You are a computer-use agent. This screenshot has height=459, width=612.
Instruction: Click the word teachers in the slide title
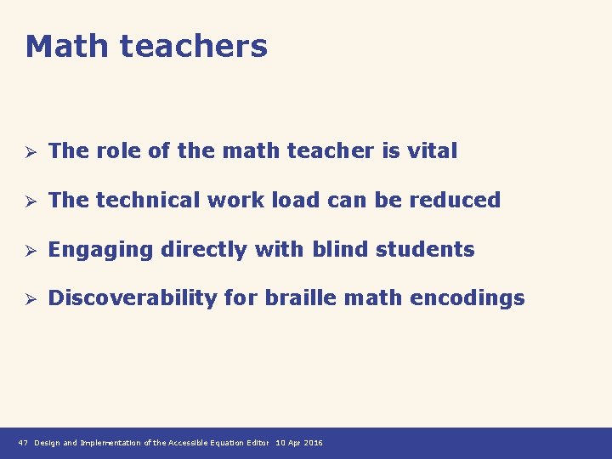[x=194, y=46]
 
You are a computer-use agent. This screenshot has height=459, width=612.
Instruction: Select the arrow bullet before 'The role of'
[x=28, y=152]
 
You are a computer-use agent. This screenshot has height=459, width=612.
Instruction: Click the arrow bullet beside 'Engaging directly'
[x=28, y=251]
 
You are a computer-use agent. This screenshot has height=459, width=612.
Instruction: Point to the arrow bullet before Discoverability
[x=28, y=300]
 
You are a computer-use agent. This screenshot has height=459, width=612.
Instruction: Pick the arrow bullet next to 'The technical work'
[x=28, y=201]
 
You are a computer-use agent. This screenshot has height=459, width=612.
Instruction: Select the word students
[x=425, y=250]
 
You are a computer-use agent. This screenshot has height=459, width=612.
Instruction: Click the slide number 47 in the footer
[x=23, y=443]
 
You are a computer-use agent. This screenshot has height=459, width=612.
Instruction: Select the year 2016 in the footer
[x=312, y=443]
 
